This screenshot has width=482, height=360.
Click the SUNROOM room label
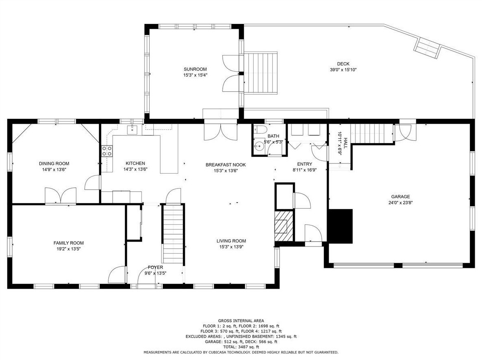pyautogui.click(x=195, y=69)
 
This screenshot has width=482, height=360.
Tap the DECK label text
pyautogui.click(x=343, y=64)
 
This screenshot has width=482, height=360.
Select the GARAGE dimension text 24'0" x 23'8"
pyautogui.click(x=400, y=202)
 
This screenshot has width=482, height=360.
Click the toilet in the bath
pyautogui.click(x=259, y=130)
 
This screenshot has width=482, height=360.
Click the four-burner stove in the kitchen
pyautogui.click(x=107, y=151)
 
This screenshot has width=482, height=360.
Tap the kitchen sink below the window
pyautogui.click(x=133, y=130)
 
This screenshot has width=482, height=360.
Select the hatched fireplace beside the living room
pyautogui.click(x=284, y=226)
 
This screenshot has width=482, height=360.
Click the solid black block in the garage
pyautogui.click(x=340, y=226)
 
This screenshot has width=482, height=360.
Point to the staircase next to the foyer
pyautogui.click(x=173, y=234)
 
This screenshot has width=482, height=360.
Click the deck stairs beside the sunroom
pyautogui.click(x=261, y=73)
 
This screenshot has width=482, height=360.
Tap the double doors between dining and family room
pyautogui.click(x=60, y=196)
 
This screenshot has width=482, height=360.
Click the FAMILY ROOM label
pyautogui.click(x=69, y=243)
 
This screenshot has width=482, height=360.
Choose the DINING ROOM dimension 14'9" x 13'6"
pyautogui.click(x=54, y=169)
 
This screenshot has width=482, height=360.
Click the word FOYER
pyautogui.click(x=155, y=267)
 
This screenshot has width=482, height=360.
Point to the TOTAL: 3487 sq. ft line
pyautogui.click(x=241, y=347)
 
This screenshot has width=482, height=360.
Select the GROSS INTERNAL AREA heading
pyautogui.click(x=241, y=321)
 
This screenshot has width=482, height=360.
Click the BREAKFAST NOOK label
pyautogui.click(x=226, y=165)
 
